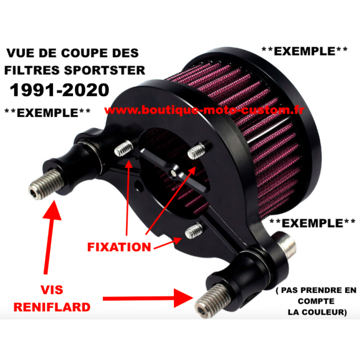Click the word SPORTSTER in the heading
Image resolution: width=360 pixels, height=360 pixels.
click(x=104, y=70)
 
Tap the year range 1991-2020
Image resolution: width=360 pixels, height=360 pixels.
click(x=60, y=90)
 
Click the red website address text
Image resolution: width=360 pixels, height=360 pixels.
click(x=204, y=110)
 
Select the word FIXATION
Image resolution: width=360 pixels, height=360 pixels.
click(x=119, y=247)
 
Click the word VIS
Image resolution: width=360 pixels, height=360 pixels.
click(x=52, y=290)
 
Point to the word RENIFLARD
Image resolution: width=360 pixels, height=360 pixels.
click(x=52, y=307)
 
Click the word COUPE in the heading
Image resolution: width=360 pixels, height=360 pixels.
click(x=84, y=53)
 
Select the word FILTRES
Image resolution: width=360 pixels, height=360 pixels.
click(x=32, y=70)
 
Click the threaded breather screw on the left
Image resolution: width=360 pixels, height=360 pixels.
click(x=46, y=184)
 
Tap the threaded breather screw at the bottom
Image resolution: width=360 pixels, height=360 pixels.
click(x=212, y=300)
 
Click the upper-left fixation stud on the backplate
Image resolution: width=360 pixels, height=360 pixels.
click(x=123, y=148)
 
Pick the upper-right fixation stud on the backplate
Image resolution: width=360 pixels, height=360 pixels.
click(x=196, y=151)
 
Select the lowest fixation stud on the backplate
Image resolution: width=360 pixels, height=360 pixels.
click(x=194, y=230)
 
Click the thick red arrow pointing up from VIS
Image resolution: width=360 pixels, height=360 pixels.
click(x=50, y=237)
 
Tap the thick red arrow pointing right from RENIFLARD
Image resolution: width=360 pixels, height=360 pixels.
click(x=148, y=298)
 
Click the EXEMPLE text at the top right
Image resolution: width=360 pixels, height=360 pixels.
click(x=304, y=51)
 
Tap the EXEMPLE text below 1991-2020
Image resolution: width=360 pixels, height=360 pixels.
click(x=47, y=113)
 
